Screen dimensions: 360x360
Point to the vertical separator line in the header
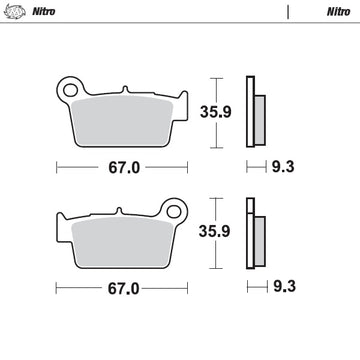(x=289, y=13)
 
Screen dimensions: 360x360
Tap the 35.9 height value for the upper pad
(x=233, y=113)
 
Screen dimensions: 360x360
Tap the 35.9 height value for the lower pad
(x=233, y=233)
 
